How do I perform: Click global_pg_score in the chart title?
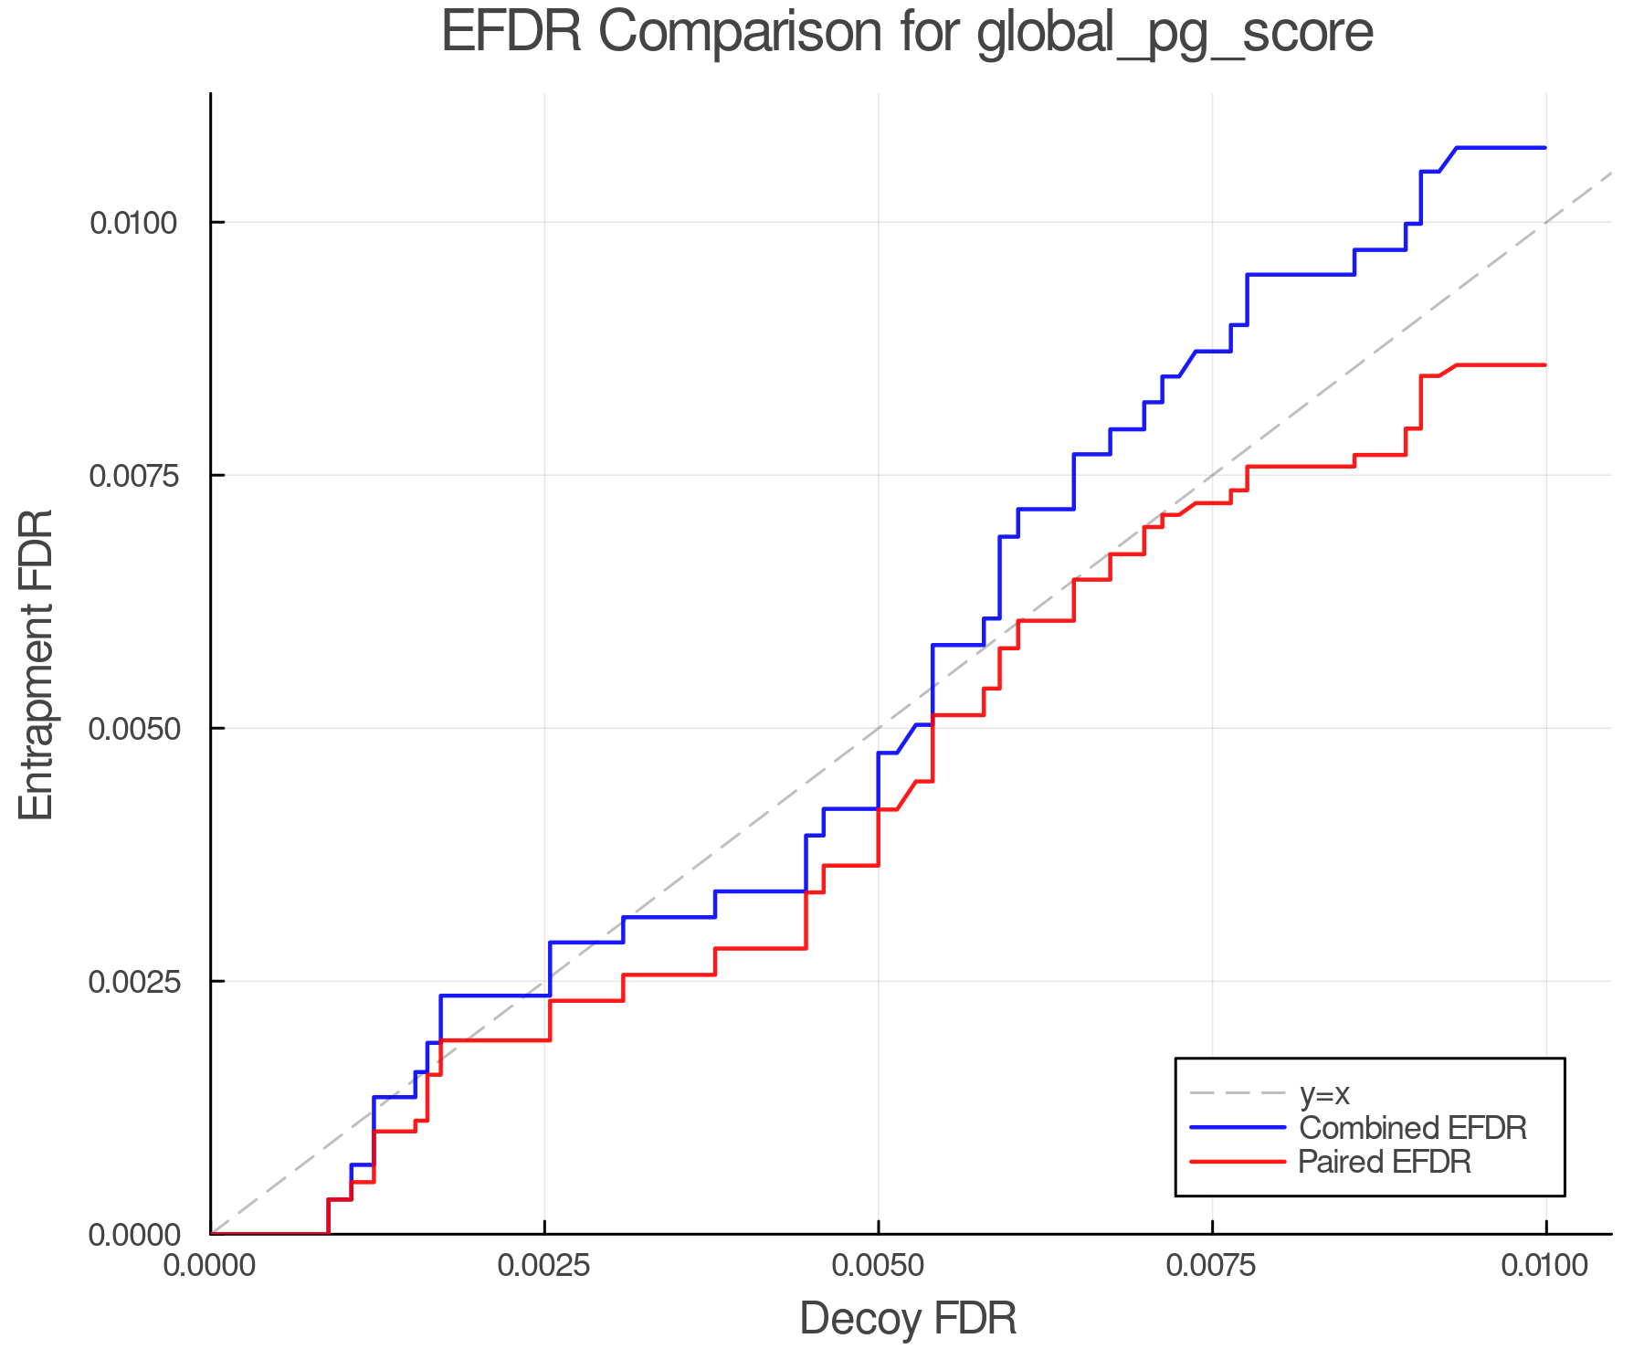(1175, 35)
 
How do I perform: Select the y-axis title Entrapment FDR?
(37, 664)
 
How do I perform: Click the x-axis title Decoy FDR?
(908, 1319)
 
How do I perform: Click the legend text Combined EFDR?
(1412, 1128)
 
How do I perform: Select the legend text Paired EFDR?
(1385, 1162)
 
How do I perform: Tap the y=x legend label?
(1324, 1093)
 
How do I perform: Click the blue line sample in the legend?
(1238, 1128)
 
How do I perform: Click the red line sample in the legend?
(1238, 1162)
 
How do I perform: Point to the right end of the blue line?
(1544, 148)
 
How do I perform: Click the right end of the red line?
(1544, 365)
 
